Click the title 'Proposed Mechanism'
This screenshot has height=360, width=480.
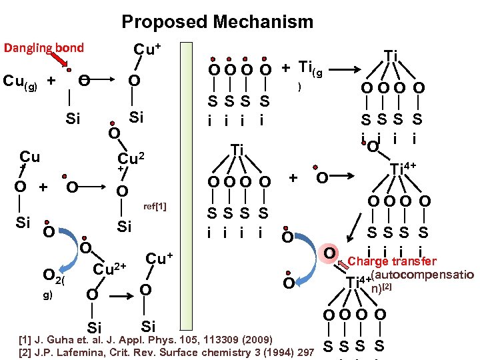coord(217,21)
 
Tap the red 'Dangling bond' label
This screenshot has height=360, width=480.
coord(44,47)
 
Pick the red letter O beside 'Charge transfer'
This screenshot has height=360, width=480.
coord(328,254)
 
